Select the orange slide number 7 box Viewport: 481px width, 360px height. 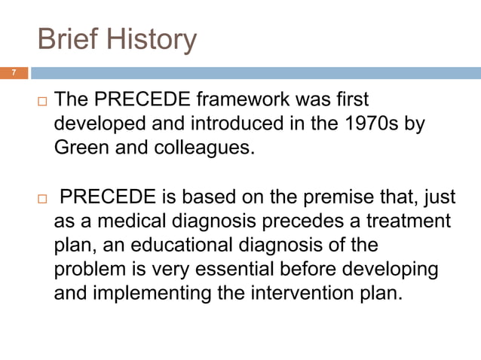coord(14,73)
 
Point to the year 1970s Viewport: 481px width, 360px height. coord(375,124)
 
